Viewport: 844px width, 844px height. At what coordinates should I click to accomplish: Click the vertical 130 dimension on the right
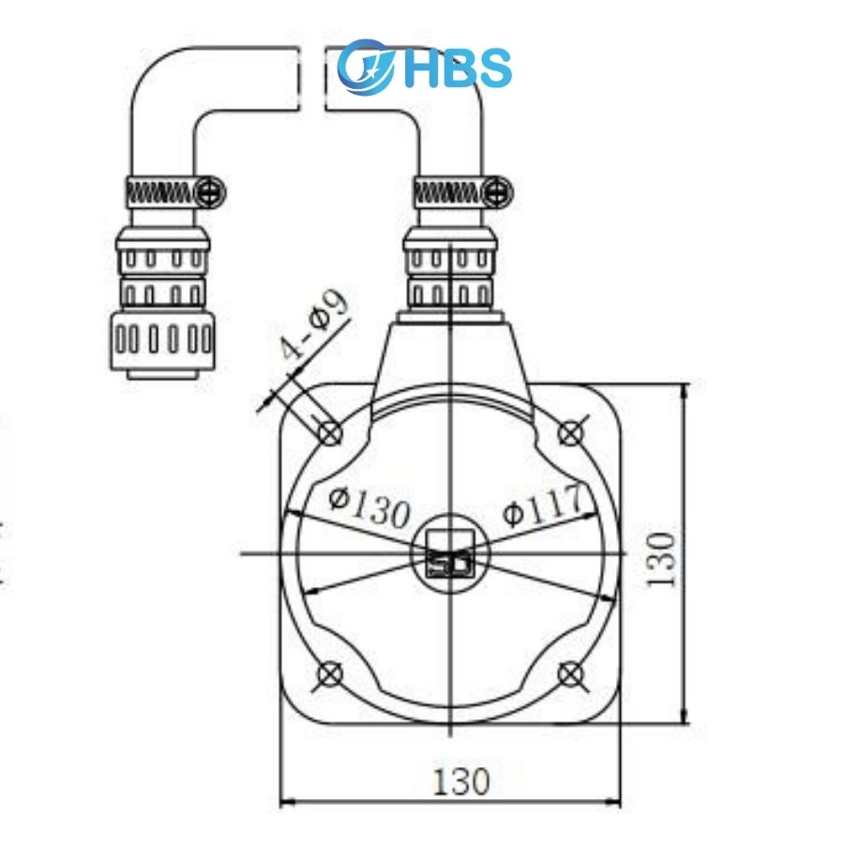pyautogui.click(x=662, y=559)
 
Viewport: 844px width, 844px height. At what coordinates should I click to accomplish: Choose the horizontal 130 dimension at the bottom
pyautogui.click(x=460, y=780)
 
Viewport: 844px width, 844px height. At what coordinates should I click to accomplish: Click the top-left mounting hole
pyautogui.click(x=330, y=432)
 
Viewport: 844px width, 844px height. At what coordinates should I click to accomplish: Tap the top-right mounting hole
pyautogui.click(x=570, y=432)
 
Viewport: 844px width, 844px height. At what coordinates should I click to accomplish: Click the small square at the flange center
pyautogui.click(x=449, y=553)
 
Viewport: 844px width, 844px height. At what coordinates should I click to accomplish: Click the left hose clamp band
pyautogui.click(x=160, y=193)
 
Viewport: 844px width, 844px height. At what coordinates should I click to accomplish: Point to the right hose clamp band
pyautogui.click(x=448, y=193)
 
